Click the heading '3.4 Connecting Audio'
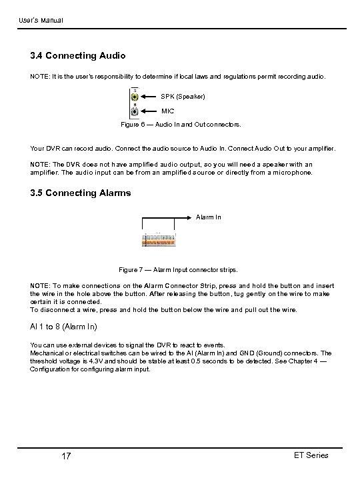[x=78, y=56]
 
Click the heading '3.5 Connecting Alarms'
[x=81, y=193]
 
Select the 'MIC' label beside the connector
[x=167, y=111]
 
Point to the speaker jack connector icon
[x=135, y=97]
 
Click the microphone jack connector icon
[x=135, y=111]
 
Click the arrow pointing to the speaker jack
[x=149, y=97]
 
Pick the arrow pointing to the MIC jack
[x=149, y=111]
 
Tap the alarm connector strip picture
[x=159, y=241]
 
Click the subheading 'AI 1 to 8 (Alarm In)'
[x=63, y=327]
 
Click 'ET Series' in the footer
[x=311, y=455]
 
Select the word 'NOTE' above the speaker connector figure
[x=40, y=77]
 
